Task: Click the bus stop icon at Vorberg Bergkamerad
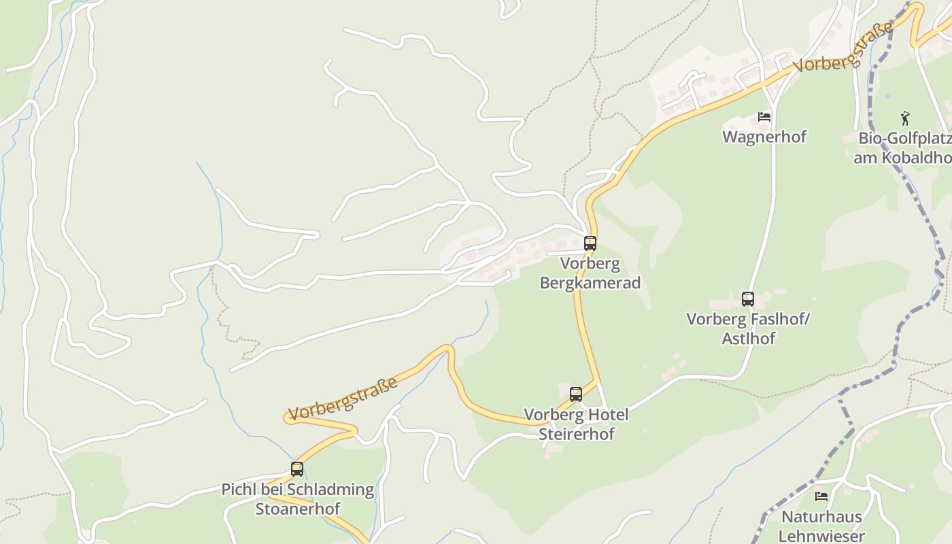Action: (x=590, y=243)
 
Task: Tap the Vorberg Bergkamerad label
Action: (x=590, y=273)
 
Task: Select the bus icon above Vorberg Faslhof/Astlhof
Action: (x=748, y=299)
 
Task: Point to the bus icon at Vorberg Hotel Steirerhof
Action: (x=576, y=394)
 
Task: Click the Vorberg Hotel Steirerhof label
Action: (x=576, y=424)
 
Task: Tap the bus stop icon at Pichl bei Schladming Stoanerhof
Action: (x=297, y=469)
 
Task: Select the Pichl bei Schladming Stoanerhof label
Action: (x=298, y=498)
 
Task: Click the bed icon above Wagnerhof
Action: (x=764, y=117)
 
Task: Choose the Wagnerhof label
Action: (x=764, y=137)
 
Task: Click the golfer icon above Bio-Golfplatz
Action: (x=905, y=118)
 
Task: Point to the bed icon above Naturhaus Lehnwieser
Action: (x=821, y=496)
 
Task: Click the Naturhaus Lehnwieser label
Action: (x=821, y=526)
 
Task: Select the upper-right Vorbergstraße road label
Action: (x=843, y=48)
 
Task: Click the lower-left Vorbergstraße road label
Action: (x=343, y=398)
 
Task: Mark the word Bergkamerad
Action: (x=590, y=282)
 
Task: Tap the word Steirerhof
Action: (x=577, y=433)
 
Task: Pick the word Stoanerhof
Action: (x=298, y=508)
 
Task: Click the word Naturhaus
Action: (x=821, y=517)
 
